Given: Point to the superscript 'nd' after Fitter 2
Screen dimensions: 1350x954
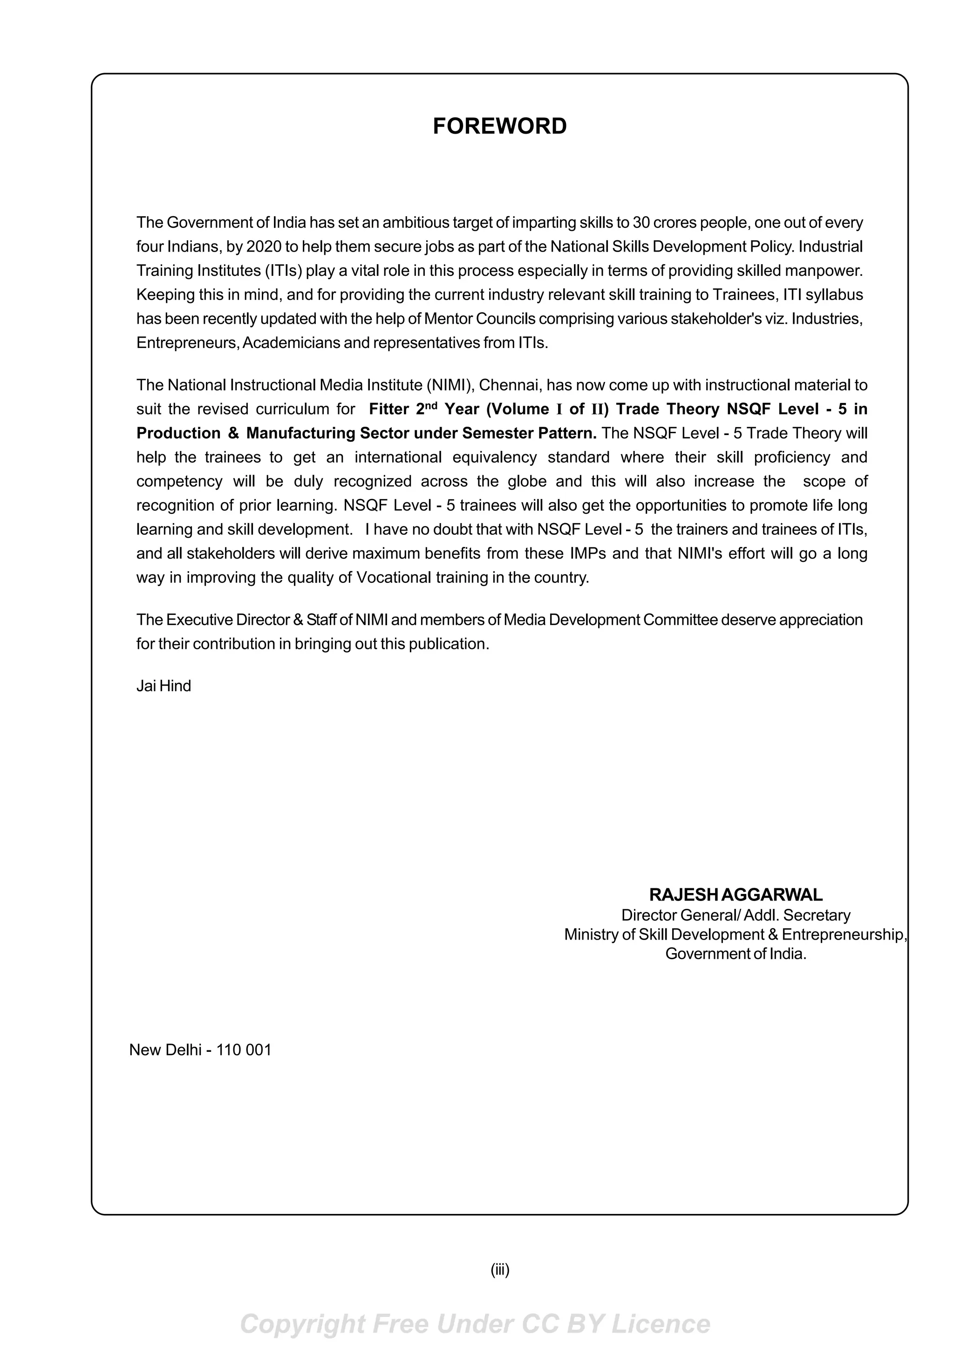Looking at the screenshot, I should coord(431,405).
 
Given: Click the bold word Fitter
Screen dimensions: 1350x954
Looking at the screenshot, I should coord(388,409).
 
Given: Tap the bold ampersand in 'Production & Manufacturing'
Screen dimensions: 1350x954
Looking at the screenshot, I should coord(233,433).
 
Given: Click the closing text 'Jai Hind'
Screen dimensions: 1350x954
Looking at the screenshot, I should coord(164,686).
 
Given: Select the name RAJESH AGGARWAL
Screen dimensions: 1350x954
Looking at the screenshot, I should coord(736,895).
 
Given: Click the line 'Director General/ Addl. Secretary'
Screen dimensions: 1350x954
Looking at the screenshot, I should coord(736,915).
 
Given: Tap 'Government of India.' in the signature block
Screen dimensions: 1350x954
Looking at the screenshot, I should coord(736,954).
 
